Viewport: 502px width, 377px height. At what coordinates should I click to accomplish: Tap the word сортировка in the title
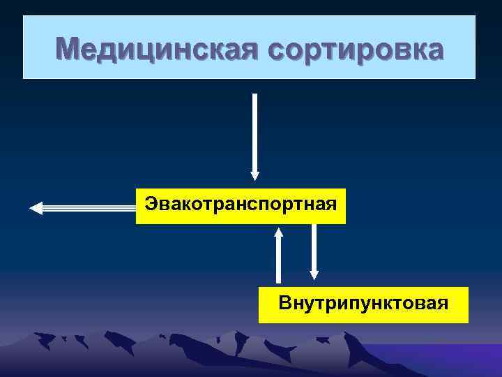tap(355, 50)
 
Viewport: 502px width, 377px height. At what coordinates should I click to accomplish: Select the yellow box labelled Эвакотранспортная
tap(241, 205)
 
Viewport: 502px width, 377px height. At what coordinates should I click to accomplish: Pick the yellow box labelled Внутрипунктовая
tap(363, 304)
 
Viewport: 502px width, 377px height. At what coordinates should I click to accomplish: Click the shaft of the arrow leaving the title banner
tap(254, 133)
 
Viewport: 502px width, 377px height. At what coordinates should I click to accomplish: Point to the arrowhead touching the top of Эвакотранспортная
tap(254, 177)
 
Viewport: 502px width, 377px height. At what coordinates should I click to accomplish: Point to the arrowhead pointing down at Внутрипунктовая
tap(314, 274)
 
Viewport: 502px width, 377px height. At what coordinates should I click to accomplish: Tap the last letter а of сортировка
tap(433, 50)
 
